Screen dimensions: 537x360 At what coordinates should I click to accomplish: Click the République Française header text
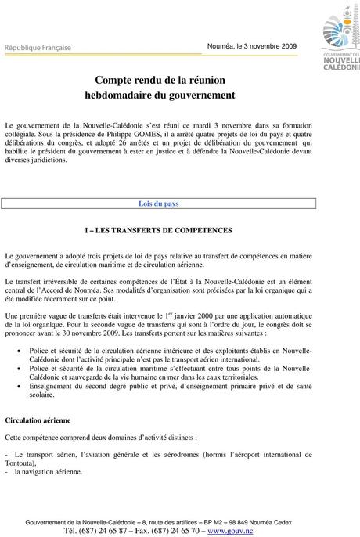(38, 47)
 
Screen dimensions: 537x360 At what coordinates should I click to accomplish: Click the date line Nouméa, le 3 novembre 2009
(252, 46)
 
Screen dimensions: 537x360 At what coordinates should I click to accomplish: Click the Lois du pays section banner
(158, 204)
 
